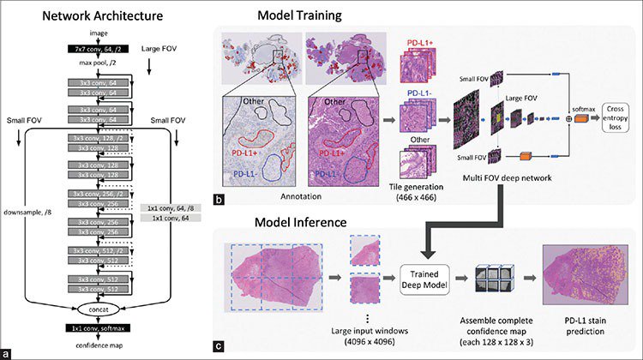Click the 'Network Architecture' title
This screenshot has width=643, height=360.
click(x=86, y=14)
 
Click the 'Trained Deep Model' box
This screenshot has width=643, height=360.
click(x=424, y=279)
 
